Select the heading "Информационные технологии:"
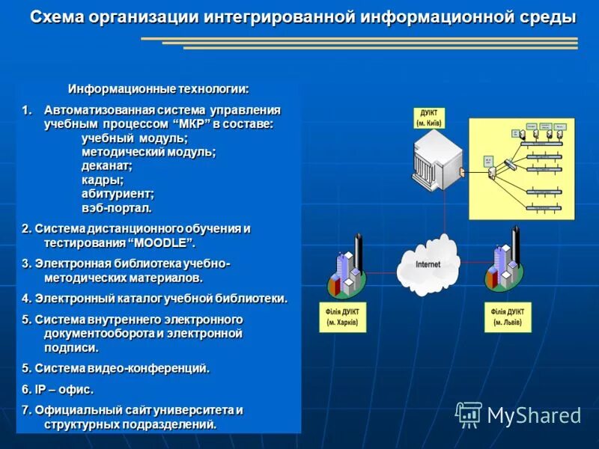point(159,88)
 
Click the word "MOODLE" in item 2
point(163,243)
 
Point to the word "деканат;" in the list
point(106,165)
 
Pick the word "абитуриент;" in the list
point(118,193)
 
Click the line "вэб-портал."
point(116,207)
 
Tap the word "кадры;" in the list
point(103,180)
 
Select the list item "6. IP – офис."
point(58,389)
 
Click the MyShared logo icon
point(469,414)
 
